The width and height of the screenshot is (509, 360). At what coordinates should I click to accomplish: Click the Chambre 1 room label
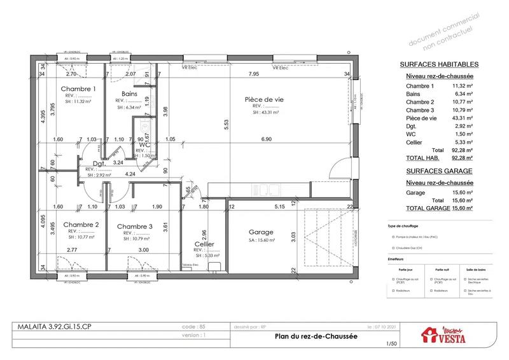coord(78,89)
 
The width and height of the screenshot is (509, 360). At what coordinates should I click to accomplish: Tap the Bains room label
coord(130,93)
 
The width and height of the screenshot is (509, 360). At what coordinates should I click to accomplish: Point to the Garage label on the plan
coord(261,232)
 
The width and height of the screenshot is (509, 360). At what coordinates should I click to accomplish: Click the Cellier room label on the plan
coord(204,245)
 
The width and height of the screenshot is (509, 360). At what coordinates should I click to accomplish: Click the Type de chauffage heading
coord(405,226)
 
